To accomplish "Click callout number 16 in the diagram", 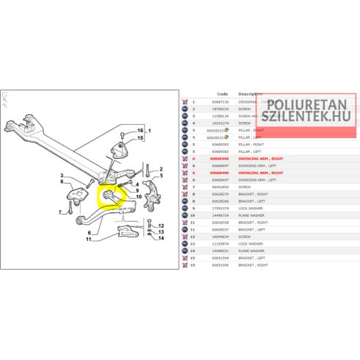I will click(x=140, y=131).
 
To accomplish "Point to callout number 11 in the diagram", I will click(x=88, y=240).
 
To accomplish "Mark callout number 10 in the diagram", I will click(x=137, y=198).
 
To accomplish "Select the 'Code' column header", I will click(x=223, y=94).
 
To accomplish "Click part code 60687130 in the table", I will click(x=220, y=102).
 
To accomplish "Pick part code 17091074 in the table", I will click(x=220, y=208).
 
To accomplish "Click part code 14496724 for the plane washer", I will click(x=220, y=215).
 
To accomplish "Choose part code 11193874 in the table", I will click(x=220, y=243).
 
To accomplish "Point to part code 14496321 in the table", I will click(x=220, y=251).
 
